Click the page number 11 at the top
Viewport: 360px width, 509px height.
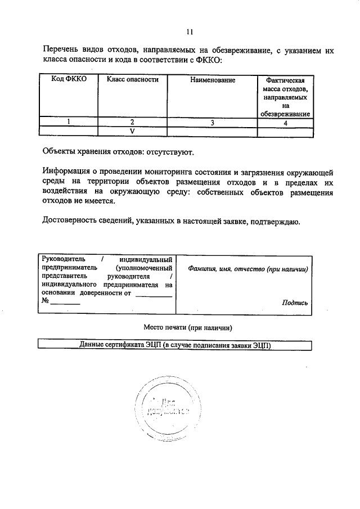coord(190,31)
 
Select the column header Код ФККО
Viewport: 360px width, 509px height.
coord(69,80)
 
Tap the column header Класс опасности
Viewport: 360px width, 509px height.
coord(132,80)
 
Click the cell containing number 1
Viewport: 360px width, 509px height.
coord(69,122)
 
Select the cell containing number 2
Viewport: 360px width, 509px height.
coord(132,122)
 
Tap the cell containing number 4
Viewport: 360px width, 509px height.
coord(286,122)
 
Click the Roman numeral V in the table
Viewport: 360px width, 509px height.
coord(132,131)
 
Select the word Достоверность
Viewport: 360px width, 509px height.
coord(69,221)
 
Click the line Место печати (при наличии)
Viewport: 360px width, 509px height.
coord(188,327)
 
